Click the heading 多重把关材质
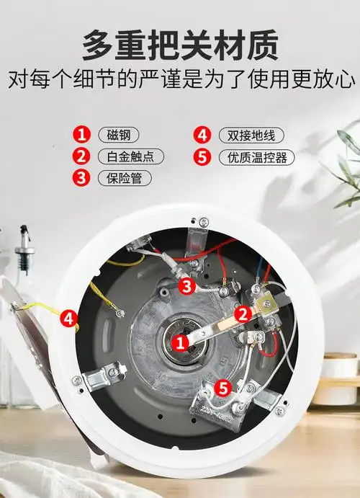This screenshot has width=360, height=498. [179, 45]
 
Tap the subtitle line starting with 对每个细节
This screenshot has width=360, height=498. [179, 79]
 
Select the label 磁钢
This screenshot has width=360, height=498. [119, 134]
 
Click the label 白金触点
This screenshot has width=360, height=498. [130, 156]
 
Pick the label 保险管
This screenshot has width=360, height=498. [125, 177]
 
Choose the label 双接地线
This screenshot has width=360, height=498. [250, 134]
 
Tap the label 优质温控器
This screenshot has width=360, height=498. [256, 156]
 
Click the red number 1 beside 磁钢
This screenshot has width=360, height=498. [84, 134]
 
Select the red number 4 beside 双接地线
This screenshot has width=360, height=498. [204, 134]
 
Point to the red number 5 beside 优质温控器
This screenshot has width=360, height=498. [204, 156]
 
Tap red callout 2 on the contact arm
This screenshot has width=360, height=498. [243, 313]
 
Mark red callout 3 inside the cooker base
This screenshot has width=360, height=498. [186, 286]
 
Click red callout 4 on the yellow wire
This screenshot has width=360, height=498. [69, 316]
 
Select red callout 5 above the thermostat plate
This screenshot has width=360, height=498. [225, 388]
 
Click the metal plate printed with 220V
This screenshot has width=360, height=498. [220, 411]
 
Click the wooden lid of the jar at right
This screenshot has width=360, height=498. [340, 358]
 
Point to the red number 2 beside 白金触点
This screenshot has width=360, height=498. [84, 156]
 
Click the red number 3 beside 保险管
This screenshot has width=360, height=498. [84, 177]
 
